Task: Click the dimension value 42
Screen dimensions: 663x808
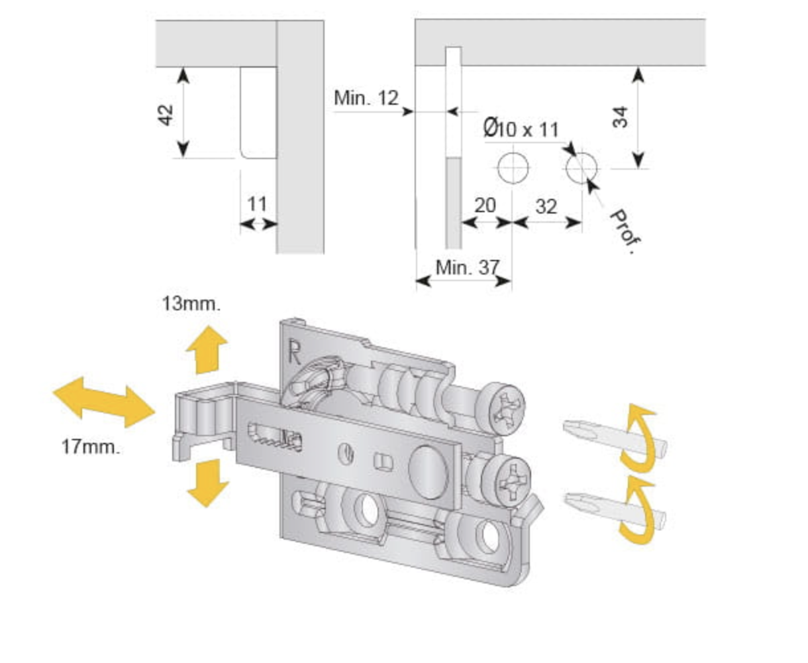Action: pyautogui.click(x=167, y=114)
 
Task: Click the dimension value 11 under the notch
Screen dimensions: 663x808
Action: pyautogui.click(x=257, y=204)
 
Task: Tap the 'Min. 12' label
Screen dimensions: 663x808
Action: pyautogui.click(x=366, y=99)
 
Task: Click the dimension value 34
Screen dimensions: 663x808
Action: pyautogui.click(x=620, y=117)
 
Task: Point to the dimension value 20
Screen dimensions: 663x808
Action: pyautogui.click(x=485, y=206)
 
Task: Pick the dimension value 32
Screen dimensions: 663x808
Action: pyautogui.click(x=546, y=207)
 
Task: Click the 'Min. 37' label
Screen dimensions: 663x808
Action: pyautogui.click(x=467, y=268)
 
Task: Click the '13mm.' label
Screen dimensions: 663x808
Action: pyautogui.click(x=191, y=304)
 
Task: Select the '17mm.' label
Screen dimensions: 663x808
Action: pyautogui.click(x=91, y=447)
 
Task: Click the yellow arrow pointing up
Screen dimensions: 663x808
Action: pyautogui.click(x=207, y=349)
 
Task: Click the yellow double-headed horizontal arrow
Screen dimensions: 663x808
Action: pyautogui.click(x=103, y=402)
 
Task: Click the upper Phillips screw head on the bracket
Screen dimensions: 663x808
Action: pyautogui.click(x=501, y=406)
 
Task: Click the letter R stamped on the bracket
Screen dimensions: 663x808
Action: pyautogui.click(x=294, y=351)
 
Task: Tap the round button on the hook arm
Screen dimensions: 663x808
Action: pyautogui.click(x=427, y=471)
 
